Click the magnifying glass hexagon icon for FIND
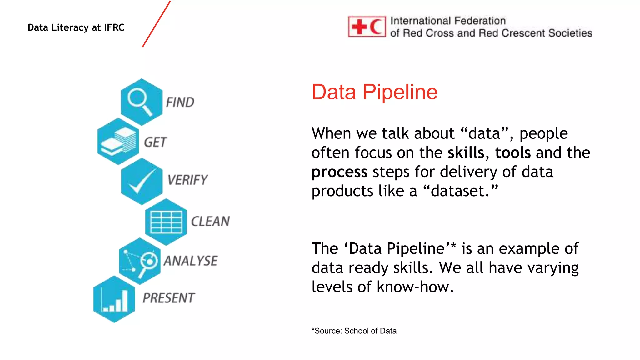[x=141, y=102]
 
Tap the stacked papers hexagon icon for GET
[x=118, y=142]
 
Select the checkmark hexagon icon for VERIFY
[x=141, y=181]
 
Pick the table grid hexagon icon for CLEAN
[x=166, y=222]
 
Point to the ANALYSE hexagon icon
[x=139, y=261]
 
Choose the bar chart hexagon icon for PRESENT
[x=114, y=299]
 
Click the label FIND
[x=180, y=102]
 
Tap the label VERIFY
[x=187, y=180]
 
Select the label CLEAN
[x=210, y=221]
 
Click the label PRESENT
[x=169, y=298]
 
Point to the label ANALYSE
[x=191, y=261]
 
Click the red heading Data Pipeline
[x=374, y=92]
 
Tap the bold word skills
[x=466, y=153]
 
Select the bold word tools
[x=513, y=153]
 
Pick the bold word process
[x=339, y=172]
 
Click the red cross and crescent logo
[x=367, y=27]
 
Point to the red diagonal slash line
[x=156, y=24]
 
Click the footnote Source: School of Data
[x=354, y=331]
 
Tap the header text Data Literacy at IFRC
[x=76, y=27]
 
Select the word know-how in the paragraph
[x=415, y=287]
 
